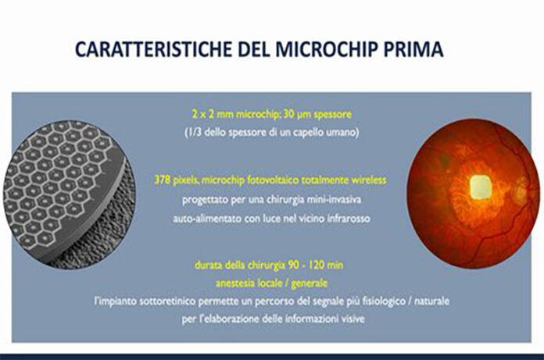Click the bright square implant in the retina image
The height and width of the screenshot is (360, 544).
pos(478,186)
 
